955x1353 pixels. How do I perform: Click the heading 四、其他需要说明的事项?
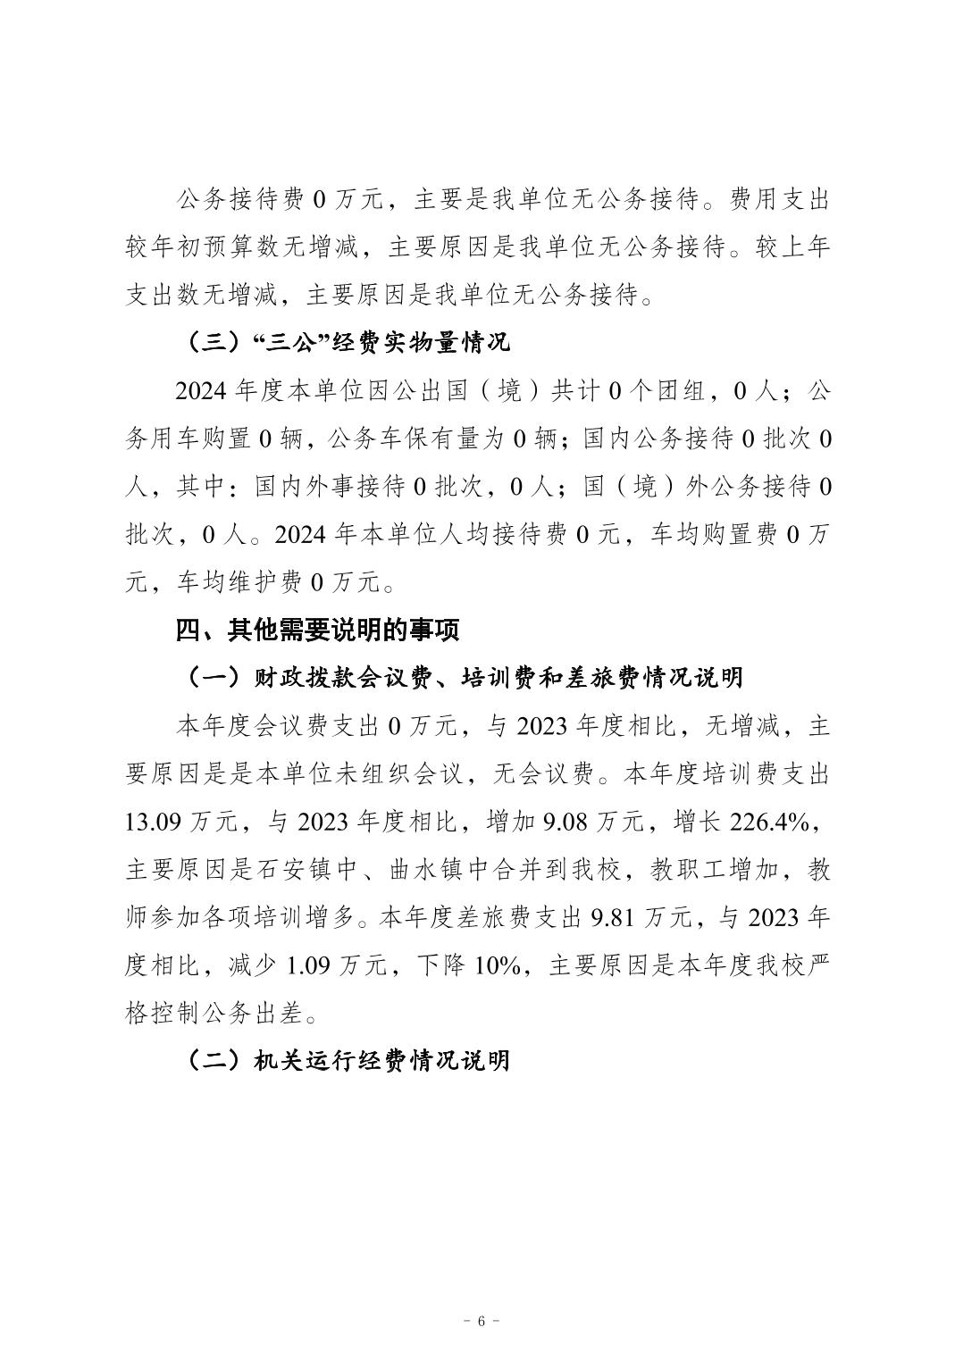pyautogui.click(x=317, y=631)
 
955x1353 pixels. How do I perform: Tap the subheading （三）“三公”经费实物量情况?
pyautogui.click(x=348, y=342)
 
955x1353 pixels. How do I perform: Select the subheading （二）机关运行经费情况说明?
pyautogui.click(x=348, y=1060)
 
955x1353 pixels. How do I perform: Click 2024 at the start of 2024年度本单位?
pyautogui.click(x=202, y=390)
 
